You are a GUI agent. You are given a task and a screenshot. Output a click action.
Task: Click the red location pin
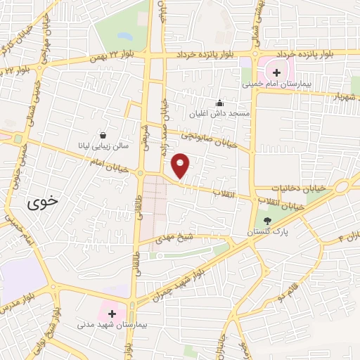(x=181, y=165)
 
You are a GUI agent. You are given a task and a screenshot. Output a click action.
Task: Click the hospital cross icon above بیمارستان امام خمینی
(x=276, y=72)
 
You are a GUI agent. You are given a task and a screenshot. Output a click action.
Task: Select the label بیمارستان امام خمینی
(x=276, y=84)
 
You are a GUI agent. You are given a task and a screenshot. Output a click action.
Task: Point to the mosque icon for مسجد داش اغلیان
(x=220, y=103)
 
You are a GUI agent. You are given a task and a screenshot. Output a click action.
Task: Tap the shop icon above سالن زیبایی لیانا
(x=103, y=136)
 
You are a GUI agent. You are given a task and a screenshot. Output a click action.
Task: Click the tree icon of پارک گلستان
(x=266, y=221)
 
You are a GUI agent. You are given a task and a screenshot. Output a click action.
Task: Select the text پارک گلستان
(x=262, y=231)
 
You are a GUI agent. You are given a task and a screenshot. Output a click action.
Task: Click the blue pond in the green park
(x=124, y=35)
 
